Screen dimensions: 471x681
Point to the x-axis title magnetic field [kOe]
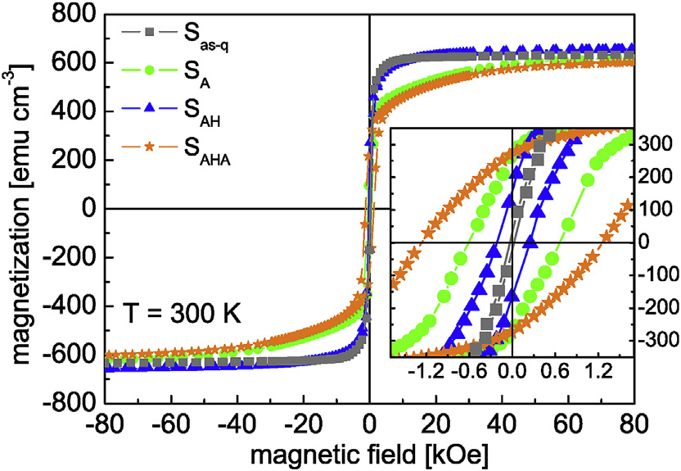pyautogui.click(x=370, y=453)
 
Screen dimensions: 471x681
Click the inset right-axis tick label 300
pyautogui.click(x=654, y=144)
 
